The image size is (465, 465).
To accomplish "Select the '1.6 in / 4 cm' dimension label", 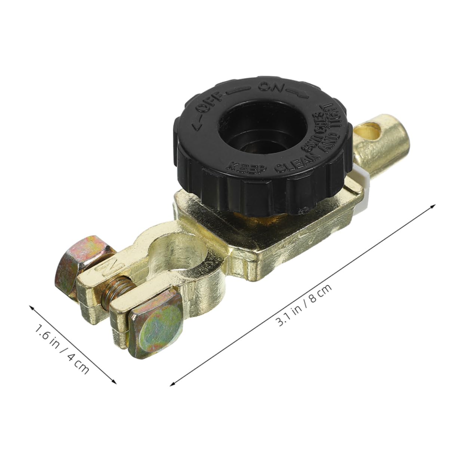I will click(62, 348).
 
